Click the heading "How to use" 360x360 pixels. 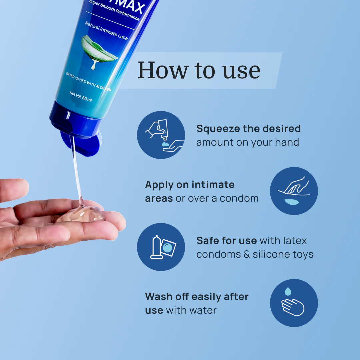199,70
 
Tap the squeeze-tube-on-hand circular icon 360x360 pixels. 161,135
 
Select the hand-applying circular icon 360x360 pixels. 294,191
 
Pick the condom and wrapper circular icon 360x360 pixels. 161,247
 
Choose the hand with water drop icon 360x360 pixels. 294,303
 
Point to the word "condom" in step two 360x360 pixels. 239,198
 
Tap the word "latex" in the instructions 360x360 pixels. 295,240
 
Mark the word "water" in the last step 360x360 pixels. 203,310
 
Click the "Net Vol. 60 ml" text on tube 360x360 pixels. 81,97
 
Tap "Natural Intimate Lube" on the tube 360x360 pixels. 106,31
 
